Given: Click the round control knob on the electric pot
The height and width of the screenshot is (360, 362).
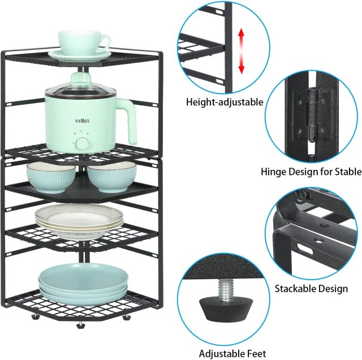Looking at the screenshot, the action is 82,144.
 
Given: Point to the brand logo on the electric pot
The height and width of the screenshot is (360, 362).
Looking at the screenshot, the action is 83,121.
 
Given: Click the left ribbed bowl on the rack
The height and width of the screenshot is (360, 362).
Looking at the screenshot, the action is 51,177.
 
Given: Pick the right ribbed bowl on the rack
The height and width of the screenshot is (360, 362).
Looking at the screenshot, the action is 112,177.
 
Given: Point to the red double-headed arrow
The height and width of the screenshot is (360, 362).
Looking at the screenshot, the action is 242,51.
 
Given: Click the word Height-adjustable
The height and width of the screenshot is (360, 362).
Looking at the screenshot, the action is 225,102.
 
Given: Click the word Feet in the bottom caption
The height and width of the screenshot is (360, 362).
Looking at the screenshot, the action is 256,354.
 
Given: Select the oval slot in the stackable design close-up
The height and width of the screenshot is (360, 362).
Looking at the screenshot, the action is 305,250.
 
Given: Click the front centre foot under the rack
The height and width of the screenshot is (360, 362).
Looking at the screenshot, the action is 80,325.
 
